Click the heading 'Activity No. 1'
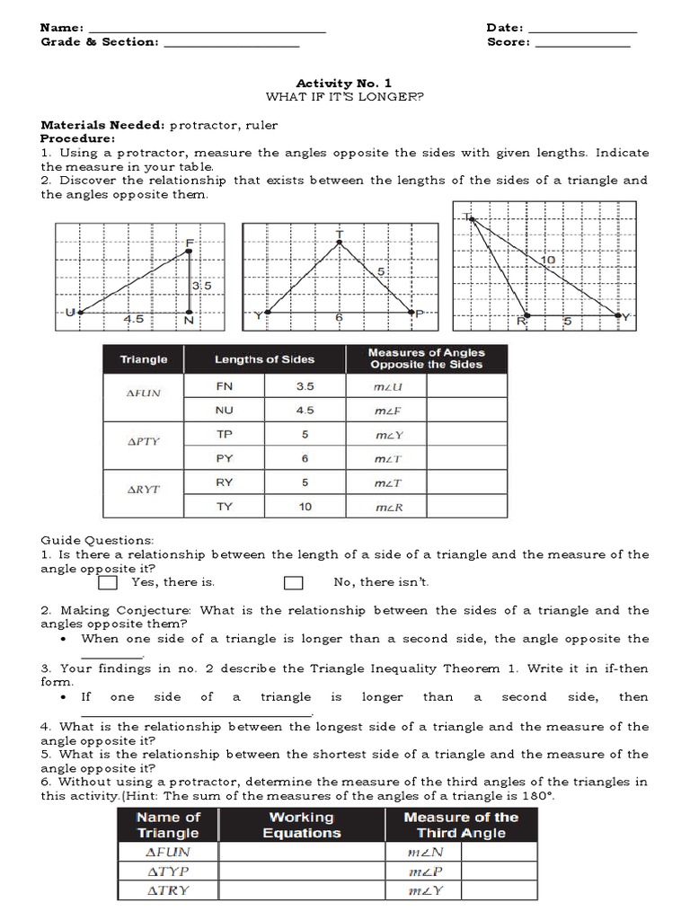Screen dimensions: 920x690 (x=344, y=83)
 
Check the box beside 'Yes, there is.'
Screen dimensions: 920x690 (x=108, y=583)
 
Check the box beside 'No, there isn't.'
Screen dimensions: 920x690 (x=293, y=583)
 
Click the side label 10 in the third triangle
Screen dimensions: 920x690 (x=547, y=261)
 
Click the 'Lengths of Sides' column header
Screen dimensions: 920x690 (x=264, y=359)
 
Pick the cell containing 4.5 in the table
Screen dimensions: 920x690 (x=305, y=411)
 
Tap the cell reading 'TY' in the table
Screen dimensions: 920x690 (x=225, y=507)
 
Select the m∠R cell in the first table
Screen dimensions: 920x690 (x=386, y=508)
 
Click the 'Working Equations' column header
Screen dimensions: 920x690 (x=301, y=825)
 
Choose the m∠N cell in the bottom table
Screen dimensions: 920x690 (x=422, y=852)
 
